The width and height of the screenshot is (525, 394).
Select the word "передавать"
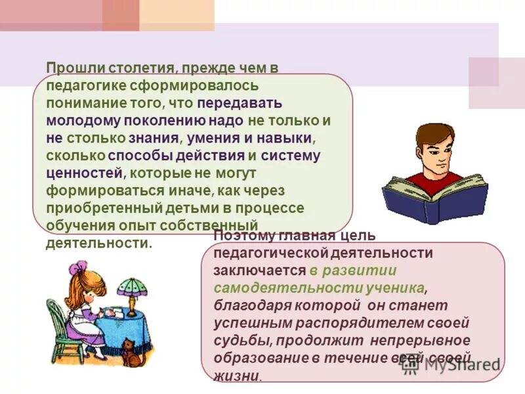coord(240,103)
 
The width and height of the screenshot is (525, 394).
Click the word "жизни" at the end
coord(236,376)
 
